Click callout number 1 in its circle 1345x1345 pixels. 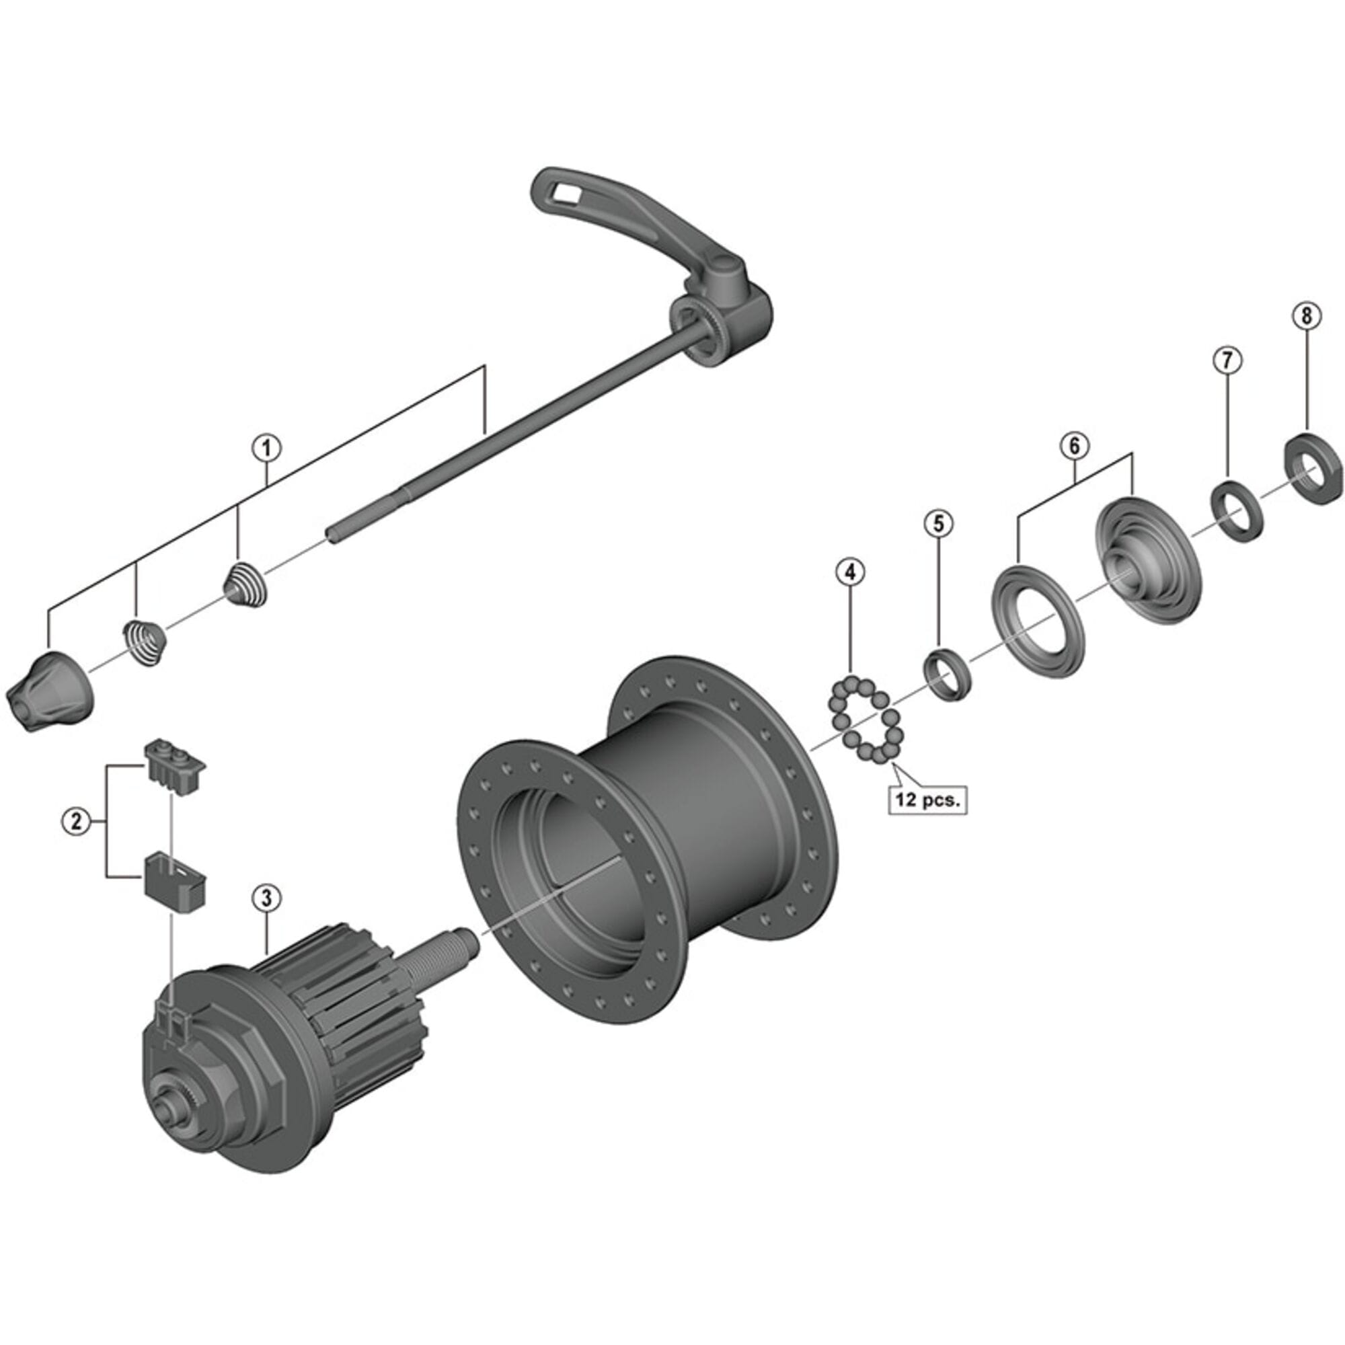pyautogui.click(x=266, y=449)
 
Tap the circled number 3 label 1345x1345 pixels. pyautogui.click(x=266, y=897)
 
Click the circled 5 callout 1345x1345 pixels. pyautogui.click(x=938, y=523)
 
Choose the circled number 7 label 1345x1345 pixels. pyautogui.click(x=1227, y=360)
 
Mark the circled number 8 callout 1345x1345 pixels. pyautogui.click(x=1306, y=315)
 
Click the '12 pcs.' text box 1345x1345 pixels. pyautogui.click(x=927, y=799)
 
